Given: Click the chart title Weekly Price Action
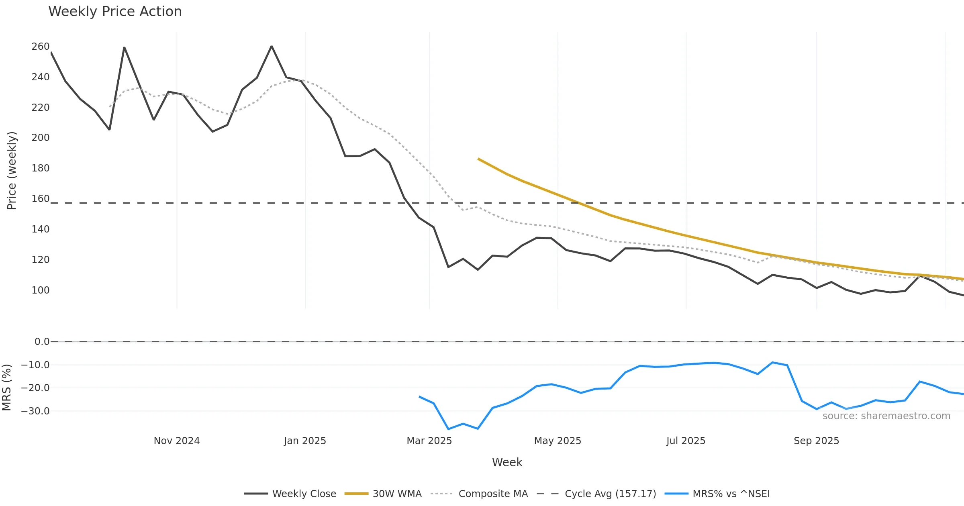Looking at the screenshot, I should click(x=115, y=12).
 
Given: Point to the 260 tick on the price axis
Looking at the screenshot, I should click(x=41, y=47).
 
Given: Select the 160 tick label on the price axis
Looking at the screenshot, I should click(x=41, y=199).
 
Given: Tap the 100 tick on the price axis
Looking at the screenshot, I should click(x=41, y=290).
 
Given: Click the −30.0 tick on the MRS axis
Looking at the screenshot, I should click(x=35, y=411).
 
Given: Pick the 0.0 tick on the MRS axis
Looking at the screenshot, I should click(x=42, y=342).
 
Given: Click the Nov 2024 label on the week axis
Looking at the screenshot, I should click(x=177, y=441).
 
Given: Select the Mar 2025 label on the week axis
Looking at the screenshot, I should click(x=429, y=441).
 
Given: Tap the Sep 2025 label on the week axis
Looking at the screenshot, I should click(x=816, y=441).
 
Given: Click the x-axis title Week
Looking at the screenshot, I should click(x=507, y=463).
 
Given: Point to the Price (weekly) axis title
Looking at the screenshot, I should click(x=12, y=171).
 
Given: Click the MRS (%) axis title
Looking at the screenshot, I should click(x=7, y=388).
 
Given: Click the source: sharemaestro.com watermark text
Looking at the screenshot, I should click(x=886, y=416).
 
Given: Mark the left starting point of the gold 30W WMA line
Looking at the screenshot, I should click(x=478, y=159).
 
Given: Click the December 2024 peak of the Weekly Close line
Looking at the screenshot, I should click(x=272, y=46).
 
